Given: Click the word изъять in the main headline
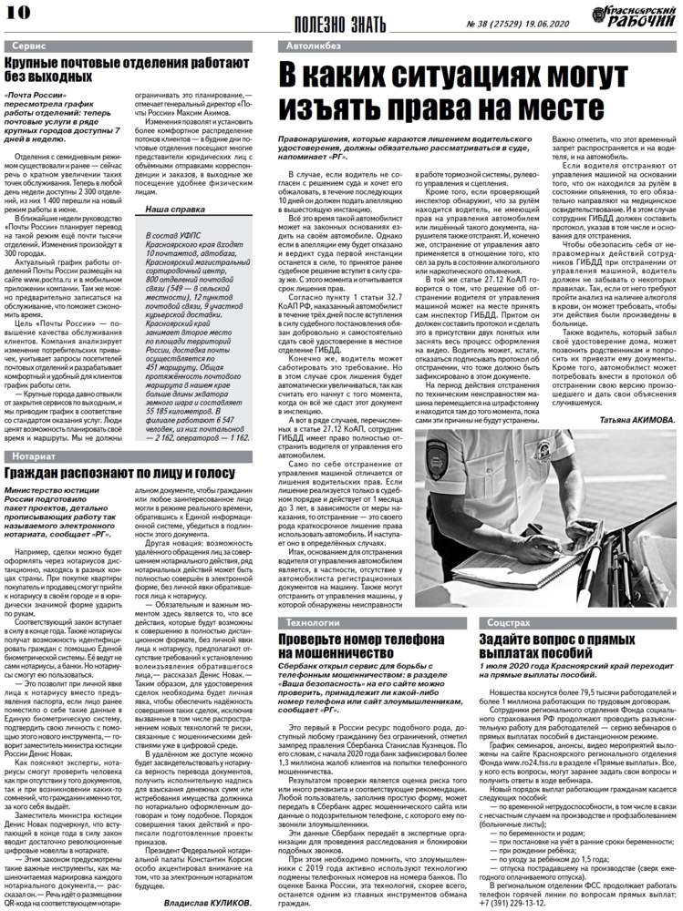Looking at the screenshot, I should pyautogui.click(x=347, y=110).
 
